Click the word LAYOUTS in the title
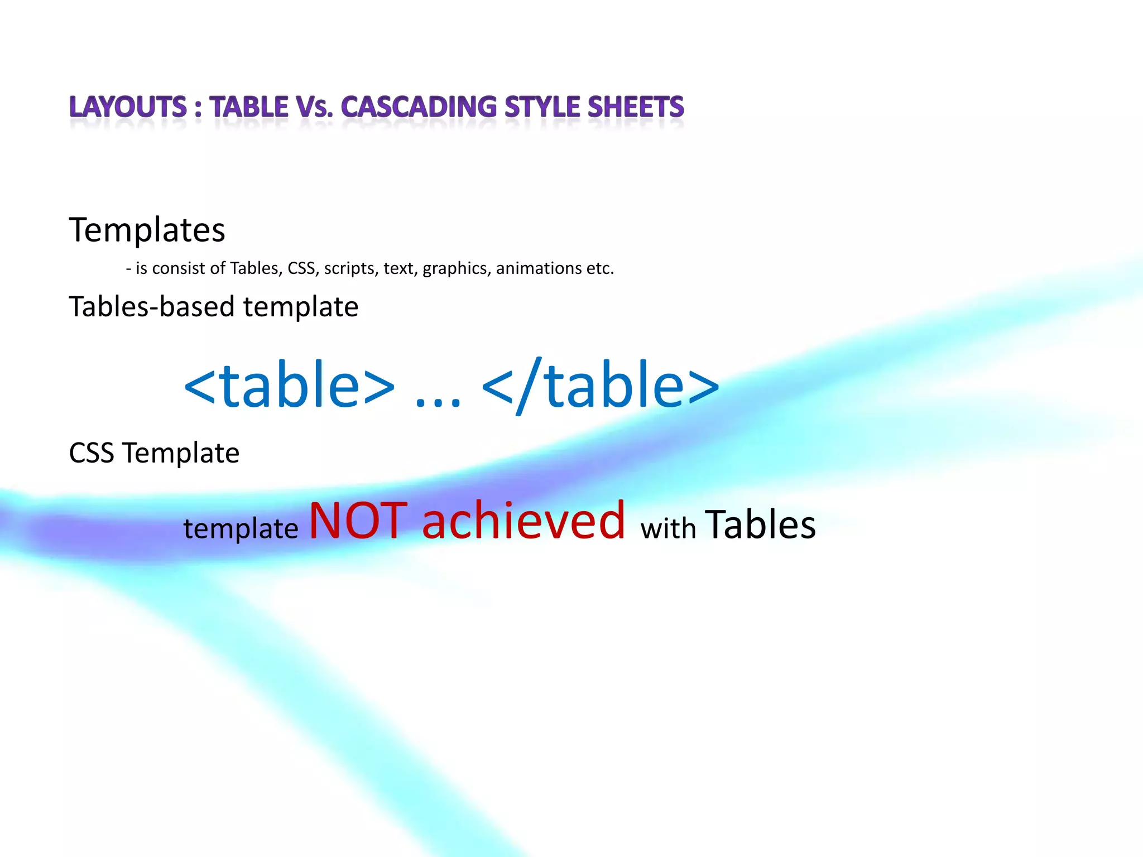tap(128, 107)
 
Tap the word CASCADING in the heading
tap(419, 107)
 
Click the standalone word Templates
tap(147, 229)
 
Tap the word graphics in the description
tap(455, 268)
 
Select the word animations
tap(539, 268)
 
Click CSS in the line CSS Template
tap(92, 452)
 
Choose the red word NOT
tap(358, 521)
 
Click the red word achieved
tap(524, 521)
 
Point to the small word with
tap(668, 528)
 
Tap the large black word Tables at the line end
tap(760, 524)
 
